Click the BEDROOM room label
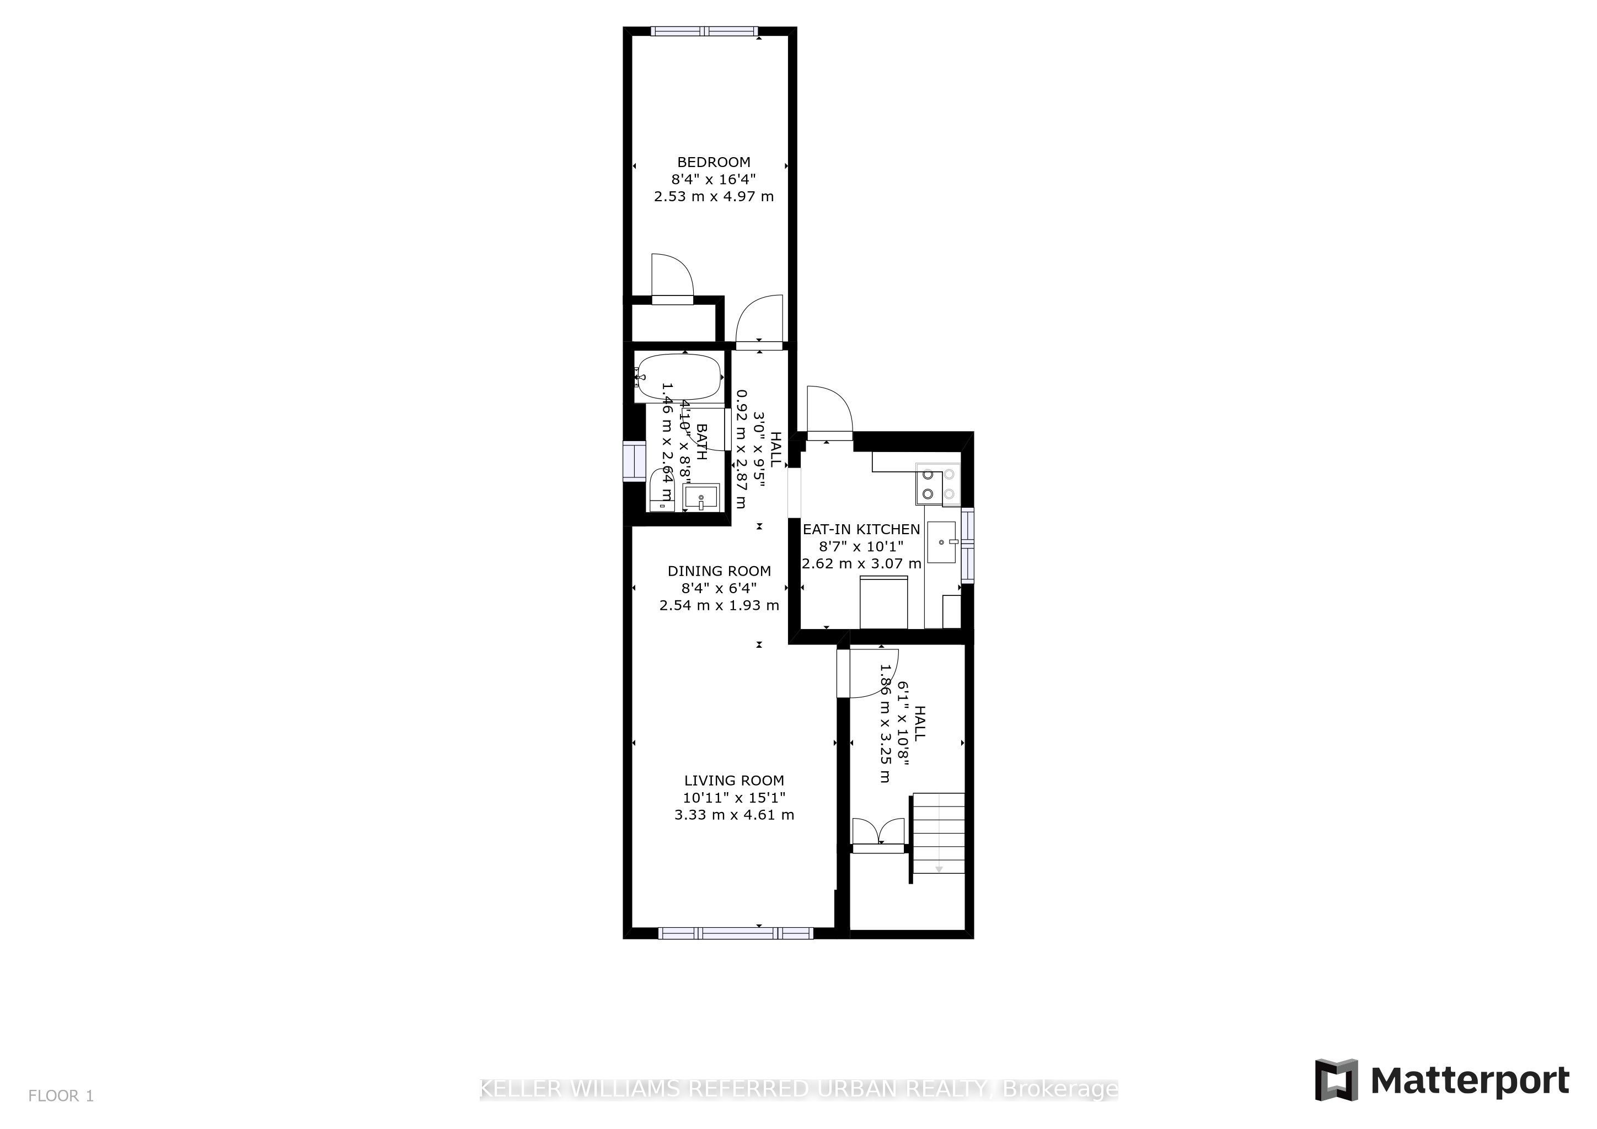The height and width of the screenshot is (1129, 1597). pos(714,162)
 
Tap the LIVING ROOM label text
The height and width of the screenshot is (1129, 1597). pos(734,781)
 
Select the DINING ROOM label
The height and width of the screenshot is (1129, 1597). pos(719,571)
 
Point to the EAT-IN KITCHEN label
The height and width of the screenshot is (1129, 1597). pos(861,529)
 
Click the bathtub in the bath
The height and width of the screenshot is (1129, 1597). pos(679,378)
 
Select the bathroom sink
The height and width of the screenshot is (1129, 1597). pos(701,498)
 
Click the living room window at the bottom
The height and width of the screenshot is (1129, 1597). pos(735,933)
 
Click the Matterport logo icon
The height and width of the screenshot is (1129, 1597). pos(1336,1079)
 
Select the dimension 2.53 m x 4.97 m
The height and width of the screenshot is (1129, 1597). pos(714,197)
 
